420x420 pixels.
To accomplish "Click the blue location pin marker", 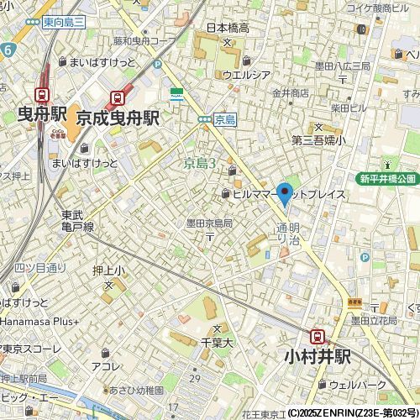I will click(x=285, y=193).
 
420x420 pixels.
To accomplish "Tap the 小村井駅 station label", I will click(x=319, y=356).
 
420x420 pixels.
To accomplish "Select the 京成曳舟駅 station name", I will click(x=118, y=120).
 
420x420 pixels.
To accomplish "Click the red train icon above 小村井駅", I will click(x=318, y=336).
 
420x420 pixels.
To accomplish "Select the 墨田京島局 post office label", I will click(x=210, y=223).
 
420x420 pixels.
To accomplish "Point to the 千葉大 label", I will click(x=216, y=343).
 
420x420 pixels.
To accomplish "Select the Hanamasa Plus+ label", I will click(x=40, y=321).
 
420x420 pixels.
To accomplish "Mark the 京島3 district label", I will click(x=201, y=163).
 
